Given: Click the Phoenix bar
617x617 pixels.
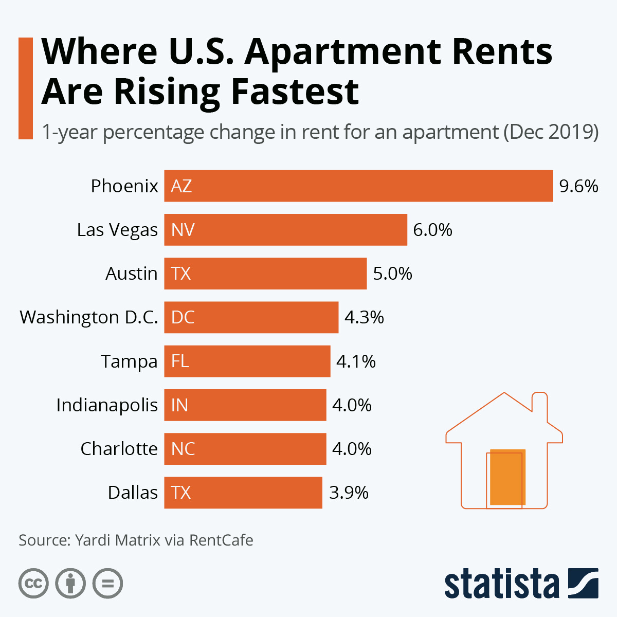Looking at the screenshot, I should click(358, 186).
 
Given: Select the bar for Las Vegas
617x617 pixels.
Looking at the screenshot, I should click(285, 230).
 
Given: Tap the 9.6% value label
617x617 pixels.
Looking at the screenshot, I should click(578, 186).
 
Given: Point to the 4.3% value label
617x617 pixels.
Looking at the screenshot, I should click(364, 317).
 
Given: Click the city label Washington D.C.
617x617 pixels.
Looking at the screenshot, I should click(89, 317).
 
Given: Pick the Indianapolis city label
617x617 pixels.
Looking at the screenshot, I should click(107, 405).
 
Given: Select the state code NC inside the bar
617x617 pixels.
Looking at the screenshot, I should click(183, 449).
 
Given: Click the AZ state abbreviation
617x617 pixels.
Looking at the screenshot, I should click(182, 186).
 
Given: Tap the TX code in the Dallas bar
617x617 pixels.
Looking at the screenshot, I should click(181, 493).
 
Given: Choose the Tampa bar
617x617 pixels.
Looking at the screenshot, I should click(247, 361).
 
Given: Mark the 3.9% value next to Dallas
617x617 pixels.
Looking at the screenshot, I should click(349, 493).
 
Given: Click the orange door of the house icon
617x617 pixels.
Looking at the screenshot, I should click(507, 477).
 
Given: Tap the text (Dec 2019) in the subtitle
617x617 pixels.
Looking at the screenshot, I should click(551, 132).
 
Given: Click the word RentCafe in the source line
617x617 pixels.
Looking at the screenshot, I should click(221, 540).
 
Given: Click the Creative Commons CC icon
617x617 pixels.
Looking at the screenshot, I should click(33, 584).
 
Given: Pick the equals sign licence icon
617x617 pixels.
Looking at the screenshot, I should click(107, 584).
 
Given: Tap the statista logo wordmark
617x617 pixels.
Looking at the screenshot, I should click(501, 584).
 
